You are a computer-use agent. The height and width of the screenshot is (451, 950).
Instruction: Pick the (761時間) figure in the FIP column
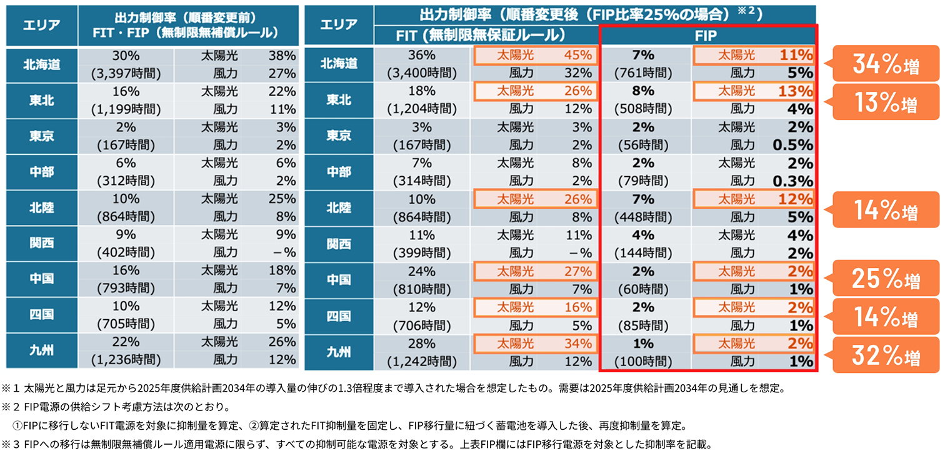click(643, 73)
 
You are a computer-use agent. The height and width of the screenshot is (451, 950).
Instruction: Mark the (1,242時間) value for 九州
click(422, 360)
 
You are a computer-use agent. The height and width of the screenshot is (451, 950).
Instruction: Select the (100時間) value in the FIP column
click(643, 360)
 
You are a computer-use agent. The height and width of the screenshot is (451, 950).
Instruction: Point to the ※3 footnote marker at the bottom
click(9, 445)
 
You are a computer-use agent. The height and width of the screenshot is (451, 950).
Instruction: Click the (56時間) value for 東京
click(643, 146)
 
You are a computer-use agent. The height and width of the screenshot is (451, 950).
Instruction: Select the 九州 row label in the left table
click(41, 351)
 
